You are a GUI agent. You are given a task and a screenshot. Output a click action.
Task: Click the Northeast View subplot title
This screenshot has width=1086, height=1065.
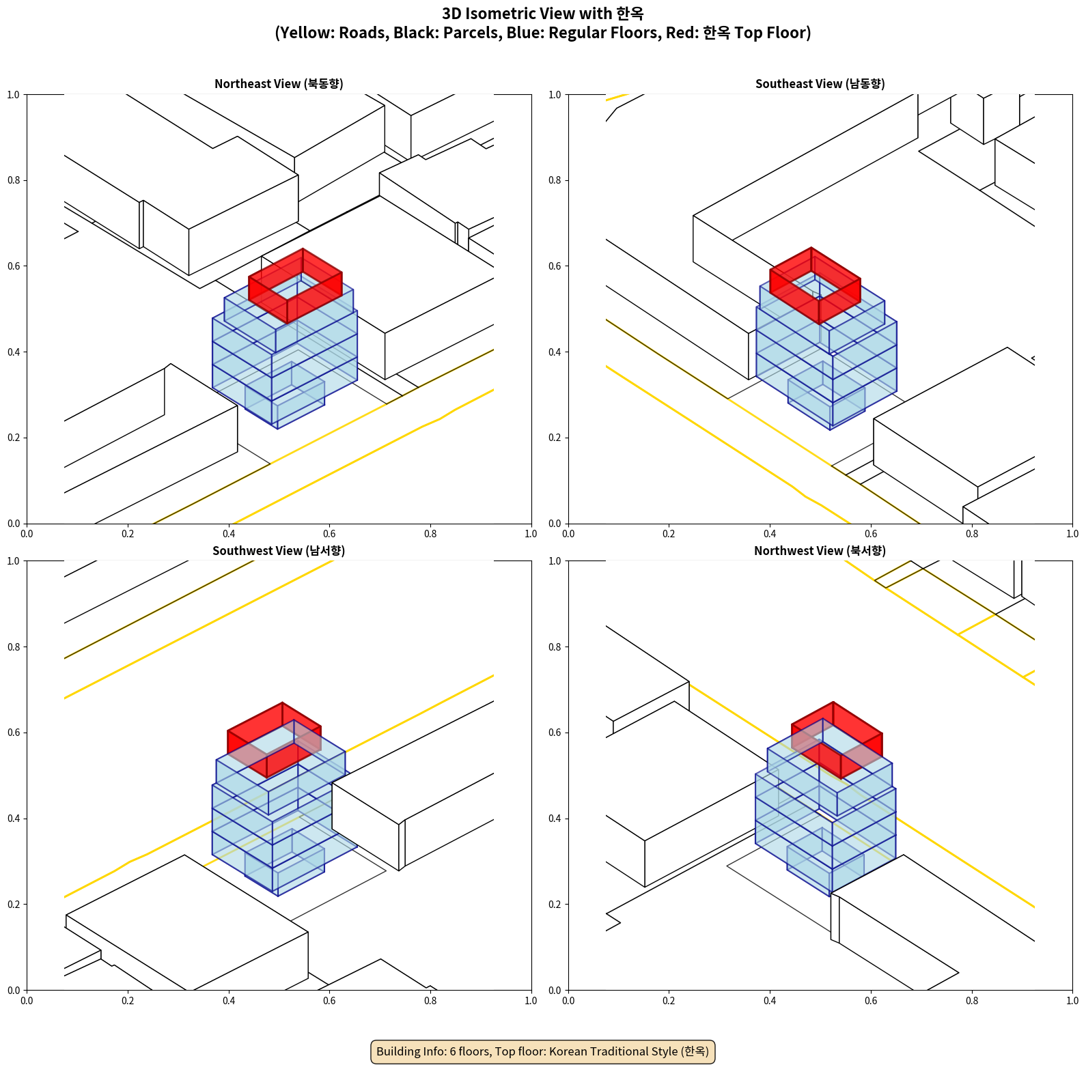279,84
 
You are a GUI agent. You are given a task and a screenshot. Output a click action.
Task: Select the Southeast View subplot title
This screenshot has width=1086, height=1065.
820,84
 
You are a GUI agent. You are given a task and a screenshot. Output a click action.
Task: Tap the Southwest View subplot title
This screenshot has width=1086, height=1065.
279,551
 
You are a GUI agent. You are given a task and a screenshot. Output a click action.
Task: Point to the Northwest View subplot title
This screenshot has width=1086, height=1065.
820,551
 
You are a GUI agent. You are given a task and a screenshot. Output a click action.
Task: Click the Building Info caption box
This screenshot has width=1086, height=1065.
542,1051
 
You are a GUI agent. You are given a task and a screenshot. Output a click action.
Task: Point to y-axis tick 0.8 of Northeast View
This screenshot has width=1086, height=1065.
14,180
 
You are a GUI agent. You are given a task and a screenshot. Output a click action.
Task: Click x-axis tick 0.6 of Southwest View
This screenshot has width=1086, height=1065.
329,1001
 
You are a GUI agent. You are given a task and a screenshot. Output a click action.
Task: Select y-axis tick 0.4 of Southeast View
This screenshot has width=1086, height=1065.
555,352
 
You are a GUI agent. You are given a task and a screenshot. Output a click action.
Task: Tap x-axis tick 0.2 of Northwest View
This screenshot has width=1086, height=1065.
669,1001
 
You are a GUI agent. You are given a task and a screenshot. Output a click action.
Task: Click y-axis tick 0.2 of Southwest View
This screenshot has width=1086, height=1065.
14,905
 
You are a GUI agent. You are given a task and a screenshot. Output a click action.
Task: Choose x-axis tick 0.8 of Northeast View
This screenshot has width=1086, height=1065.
430,534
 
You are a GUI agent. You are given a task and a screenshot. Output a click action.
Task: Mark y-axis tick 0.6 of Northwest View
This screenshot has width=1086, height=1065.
555,733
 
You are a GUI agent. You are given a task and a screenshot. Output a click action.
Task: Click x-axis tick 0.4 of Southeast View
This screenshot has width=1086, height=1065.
770,534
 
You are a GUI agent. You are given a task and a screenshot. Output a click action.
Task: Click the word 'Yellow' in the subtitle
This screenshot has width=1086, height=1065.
303,33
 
